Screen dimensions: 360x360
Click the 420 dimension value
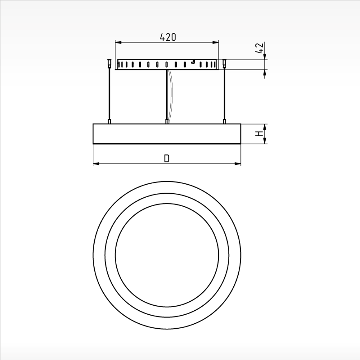click(168, 37)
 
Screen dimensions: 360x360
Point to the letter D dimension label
click(167, 158)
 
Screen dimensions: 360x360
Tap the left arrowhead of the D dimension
click(96, 164)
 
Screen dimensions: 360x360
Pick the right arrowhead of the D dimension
click(238, 164)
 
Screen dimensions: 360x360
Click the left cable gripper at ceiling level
click(109, 64)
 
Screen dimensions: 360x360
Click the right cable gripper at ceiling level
click(224, 64)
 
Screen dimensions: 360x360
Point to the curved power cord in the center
click(171, 94)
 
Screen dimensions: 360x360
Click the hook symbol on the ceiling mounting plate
click(193, 62)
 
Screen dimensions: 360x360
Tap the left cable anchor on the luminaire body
click(109, 122)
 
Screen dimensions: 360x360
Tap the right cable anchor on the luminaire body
click(224, 122)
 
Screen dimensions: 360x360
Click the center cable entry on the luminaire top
click(167, 122)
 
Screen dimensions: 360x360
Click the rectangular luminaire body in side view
click(167, 134)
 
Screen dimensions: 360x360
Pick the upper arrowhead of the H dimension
click(265, 127)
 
